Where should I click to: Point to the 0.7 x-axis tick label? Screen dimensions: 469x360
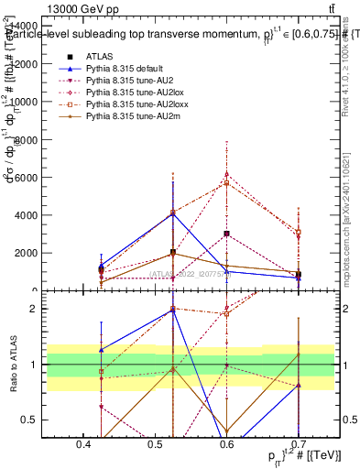click(x=297, y=445)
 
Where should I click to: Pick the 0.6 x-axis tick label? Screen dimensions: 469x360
click(x=226, y=445)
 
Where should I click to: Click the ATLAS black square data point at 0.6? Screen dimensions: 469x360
click(x=226, y=234)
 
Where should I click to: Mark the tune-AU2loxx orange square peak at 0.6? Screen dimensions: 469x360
click(x=226, y=183)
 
